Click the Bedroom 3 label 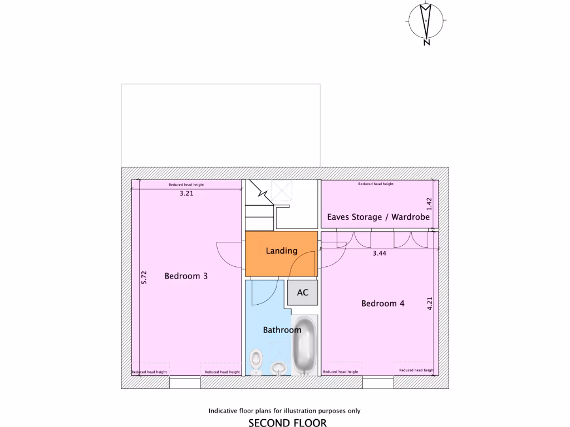[x=186, y=276]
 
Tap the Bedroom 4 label [x=382, y=304]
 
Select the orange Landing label [x=281, y=251]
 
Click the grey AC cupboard [x=302, y=292]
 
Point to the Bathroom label [x=282, y=330]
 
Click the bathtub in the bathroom [x=304, y=345]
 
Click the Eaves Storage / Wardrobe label [x=378, y=217]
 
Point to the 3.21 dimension [x=186, y=194]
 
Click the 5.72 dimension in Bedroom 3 [x=144, y=277]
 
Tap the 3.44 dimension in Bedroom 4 [x=379, y=253]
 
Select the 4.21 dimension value [x=429, y=304]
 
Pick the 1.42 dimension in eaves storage [x=429, y=203]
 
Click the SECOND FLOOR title [x=287, y=423]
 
